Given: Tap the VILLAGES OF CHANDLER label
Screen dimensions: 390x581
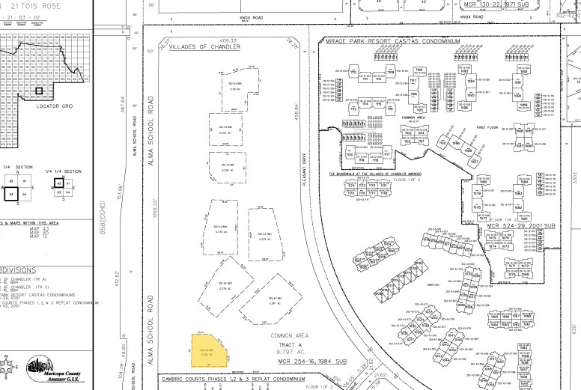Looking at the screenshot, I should pyautogui.click(x=205, y=46).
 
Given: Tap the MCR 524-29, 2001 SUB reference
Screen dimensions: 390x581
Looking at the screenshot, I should pyautogui.click(x=520, y=225).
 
